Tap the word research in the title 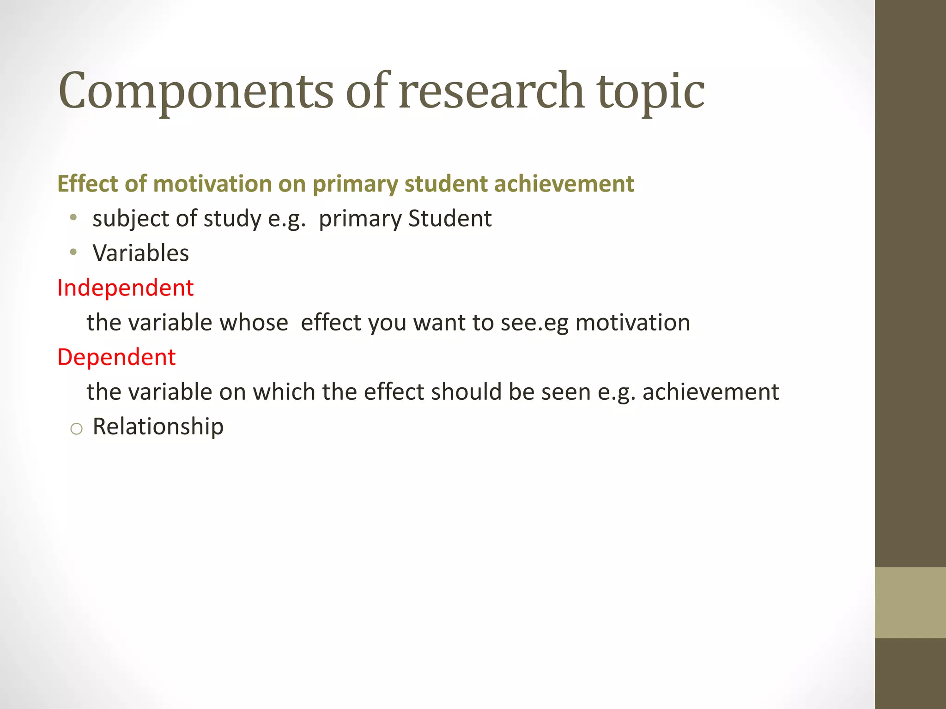(491, 91)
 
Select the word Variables (141, 253)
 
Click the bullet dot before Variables (73, 252)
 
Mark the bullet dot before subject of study (73, 217)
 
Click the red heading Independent (125, 288)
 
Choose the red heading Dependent (116, 357)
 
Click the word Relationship (158, 427)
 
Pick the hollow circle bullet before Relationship (76, 429)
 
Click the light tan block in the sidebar (910, 602)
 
